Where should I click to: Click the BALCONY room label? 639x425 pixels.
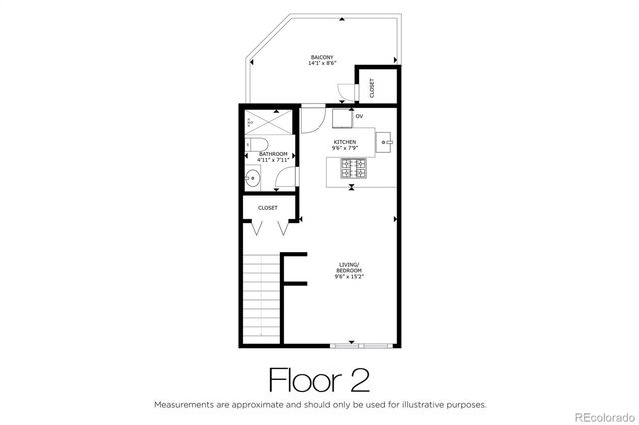(x=320, y=57)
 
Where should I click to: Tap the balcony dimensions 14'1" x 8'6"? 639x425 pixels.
(x=320, y=64)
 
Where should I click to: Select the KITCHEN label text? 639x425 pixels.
(x=344, y=142)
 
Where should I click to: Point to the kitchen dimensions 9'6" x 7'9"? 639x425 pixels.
(x=344, y=149)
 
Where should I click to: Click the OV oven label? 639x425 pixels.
(x=358, y=116)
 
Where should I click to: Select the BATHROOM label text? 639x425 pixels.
(x=273, y=154)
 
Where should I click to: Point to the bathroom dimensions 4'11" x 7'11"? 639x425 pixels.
(x=273, y=161)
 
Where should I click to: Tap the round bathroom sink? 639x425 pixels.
(x=253, y=180)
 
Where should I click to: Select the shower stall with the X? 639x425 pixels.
(x=272, y=127)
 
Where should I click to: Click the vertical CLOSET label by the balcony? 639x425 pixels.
(x=372, y=88)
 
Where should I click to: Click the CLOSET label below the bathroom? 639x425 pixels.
(x=268, y=207)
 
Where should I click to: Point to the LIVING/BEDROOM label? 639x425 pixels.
(x=348, y=267)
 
